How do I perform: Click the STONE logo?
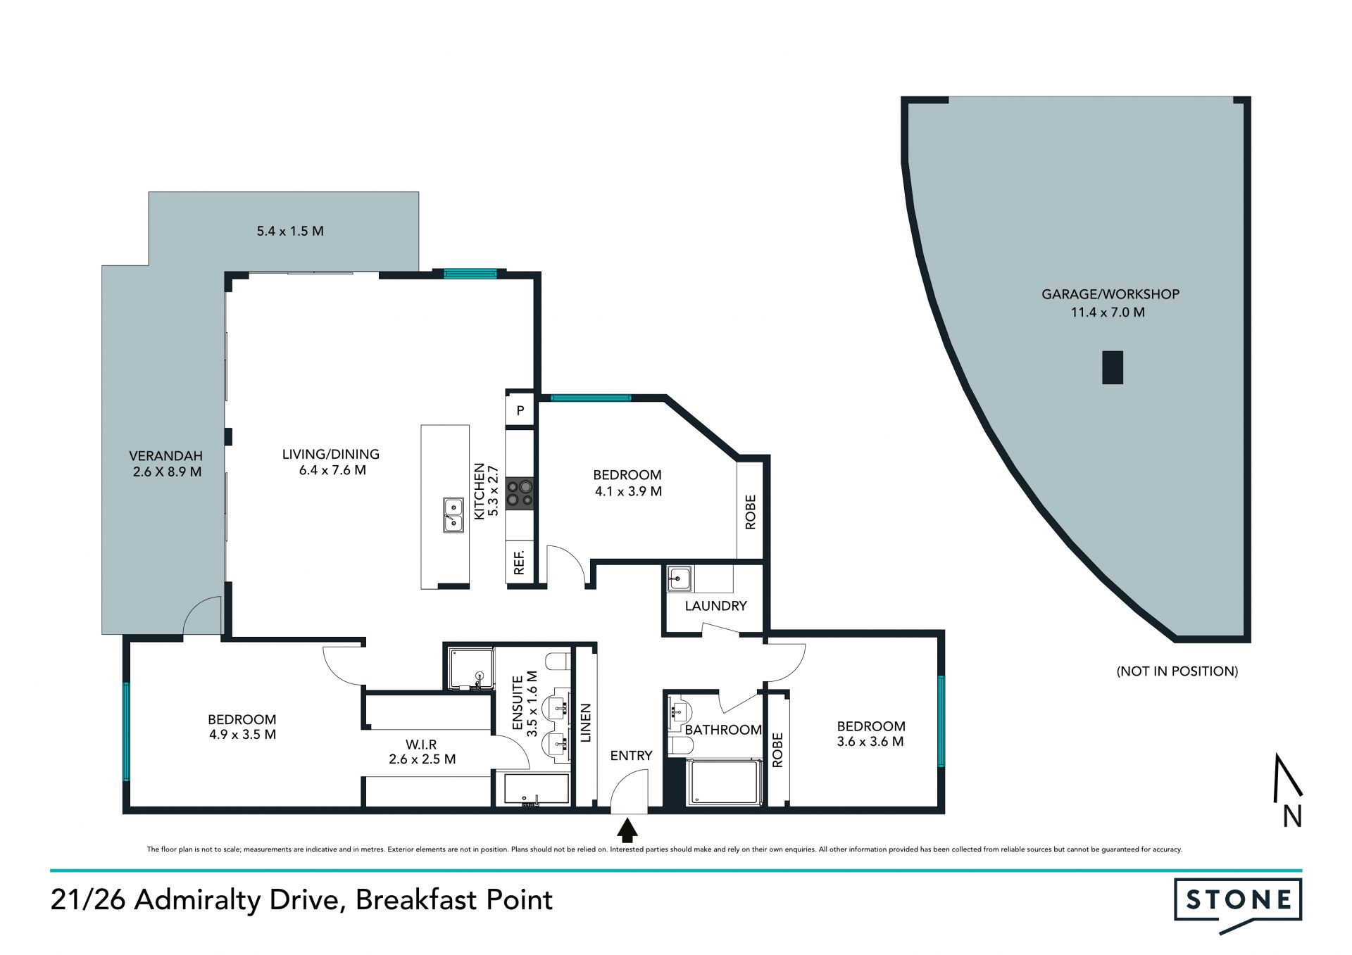pyautogui.click(x=1238, y=903)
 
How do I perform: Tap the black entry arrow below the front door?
pyautogui.click(x=627, y=830)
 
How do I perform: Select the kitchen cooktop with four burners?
pyautogui.click(x=520, y=493)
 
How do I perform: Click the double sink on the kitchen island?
pyautogui.click(x=453, y=514)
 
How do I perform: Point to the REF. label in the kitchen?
pyautogui.click(x=519, y=562)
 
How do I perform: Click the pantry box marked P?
pyautogui.click(x=520, y=410)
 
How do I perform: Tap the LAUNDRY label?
pyautogui.click(x=715, y=606)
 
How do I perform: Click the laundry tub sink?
pyautogui.click(x=680, y=578)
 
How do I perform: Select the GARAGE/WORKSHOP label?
pyautogui.click(x=1110, y=294)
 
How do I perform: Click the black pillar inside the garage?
pyautogui.click(x=1113, y=367)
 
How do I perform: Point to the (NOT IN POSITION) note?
pyautogui.click(x=1177, y=671)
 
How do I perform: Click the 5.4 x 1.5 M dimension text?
pyautogui.click(x=290, y=231)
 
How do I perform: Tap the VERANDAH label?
pyautogui.click(x=165, y=456)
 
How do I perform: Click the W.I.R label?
pyautogui.click(x=421, y=745)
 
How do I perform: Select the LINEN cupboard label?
pyautogui.click(x=586, y=723)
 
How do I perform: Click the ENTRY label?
pyautogui.click(x=631, y=756)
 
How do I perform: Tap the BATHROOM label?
pyautogui.click(x=723, y=731)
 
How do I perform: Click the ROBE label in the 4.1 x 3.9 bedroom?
pyautogui.click(x=750, y=512)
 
